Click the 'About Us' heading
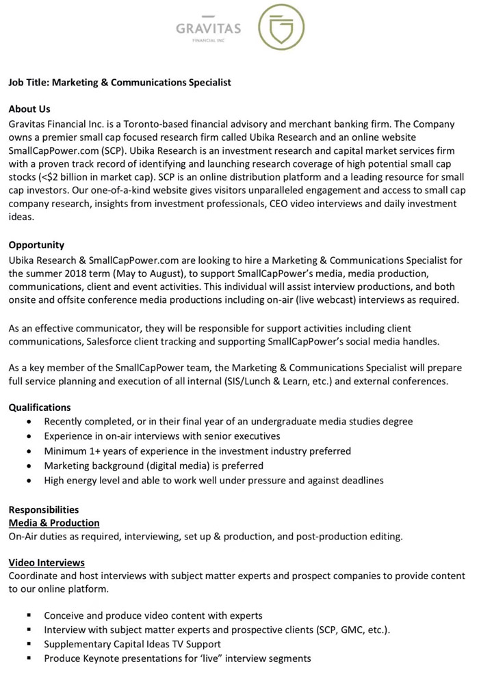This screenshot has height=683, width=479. point(29,109)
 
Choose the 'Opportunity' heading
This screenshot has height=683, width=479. point(36,245)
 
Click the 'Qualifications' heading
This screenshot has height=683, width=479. point(40,407)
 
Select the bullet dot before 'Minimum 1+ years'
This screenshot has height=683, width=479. point(28,451)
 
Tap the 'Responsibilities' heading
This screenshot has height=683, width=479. point(44,509)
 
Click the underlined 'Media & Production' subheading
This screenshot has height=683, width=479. point(54,523)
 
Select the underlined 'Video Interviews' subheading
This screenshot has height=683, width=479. point(47,563)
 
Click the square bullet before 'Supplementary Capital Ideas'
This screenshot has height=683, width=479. point(28,645)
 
